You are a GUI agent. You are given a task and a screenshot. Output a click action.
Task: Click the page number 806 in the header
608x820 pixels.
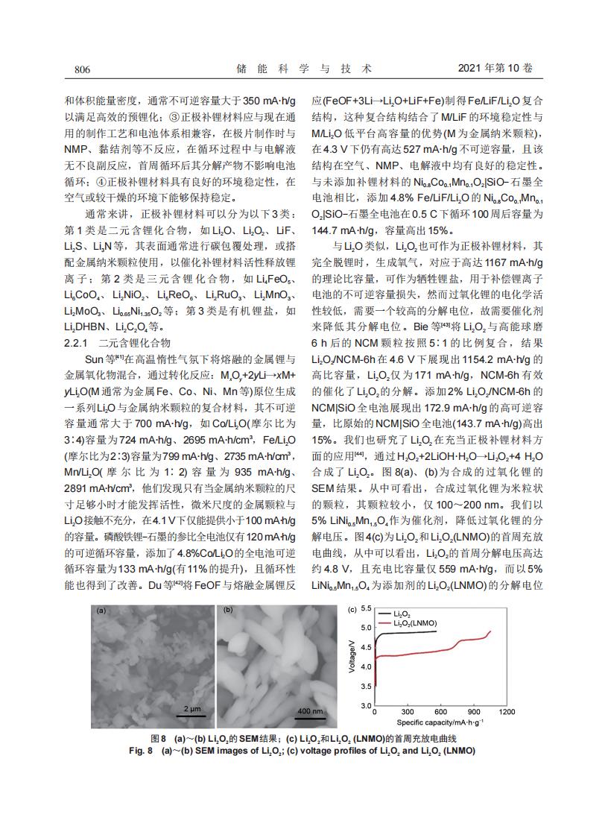pyautogui.click(x=82, y=69)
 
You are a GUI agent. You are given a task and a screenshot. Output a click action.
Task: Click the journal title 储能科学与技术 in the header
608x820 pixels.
pyautogui.click(x=303, y=69)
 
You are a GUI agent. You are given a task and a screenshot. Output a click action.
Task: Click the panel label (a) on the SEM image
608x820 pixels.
pyautogui.click(x=102, y=610)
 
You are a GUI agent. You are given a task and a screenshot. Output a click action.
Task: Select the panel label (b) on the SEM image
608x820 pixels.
pyautogui.click(x=227, y=610)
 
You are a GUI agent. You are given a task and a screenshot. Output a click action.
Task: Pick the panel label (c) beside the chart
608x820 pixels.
pyautogui.click(x=352, y=609)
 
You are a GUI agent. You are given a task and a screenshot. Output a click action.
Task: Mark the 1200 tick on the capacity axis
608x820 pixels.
pyautogui.click(x=507, y=713)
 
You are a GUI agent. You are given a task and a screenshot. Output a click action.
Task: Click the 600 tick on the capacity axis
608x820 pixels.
pyautogui.click(x=440, y=713)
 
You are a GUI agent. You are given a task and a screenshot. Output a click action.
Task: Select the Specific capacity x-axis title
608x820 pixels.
pyautogui.click(x=440, y=722)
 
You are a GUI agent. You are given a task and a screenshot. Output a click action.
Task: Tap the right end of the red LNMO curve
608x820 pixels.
pyautogui.click(x=491, y=631)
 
